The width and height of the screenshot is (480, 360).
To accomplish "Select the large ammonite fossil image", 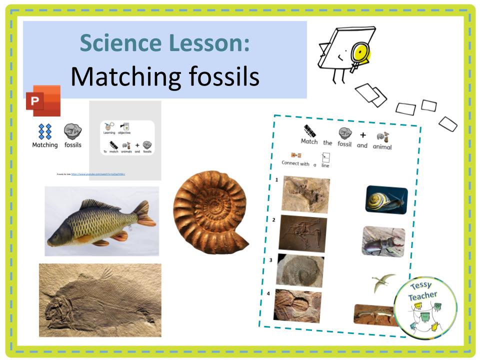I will (x=210, y=212).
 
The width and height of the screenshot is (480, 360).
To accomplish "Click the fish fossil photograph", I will (x=100, y=300).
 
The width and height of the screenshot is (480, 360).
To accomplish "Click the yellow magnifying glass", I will (x=358, y=52).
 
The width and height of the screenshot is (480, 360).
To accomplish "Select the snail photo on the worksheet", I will (x=386, y=200).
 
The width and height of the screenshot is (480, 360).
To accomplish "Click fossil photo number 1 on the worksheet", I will (x=305, y=194).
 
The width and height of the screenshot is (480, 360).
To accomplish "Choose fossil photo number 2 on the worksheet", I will (x=303, y=233).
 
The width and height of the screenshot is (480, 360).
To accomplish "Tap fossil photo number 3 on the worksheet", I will (x=300, y=270).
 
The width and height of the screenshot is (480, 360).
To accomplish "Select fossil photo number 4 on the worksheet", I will (x=297, y=305).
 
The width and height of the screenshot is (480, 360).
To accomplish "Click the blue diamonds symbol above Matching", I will (x=45, y=132).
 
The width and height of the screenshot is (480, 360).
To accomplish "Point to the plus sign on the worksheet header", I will (x=363, y=135).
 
